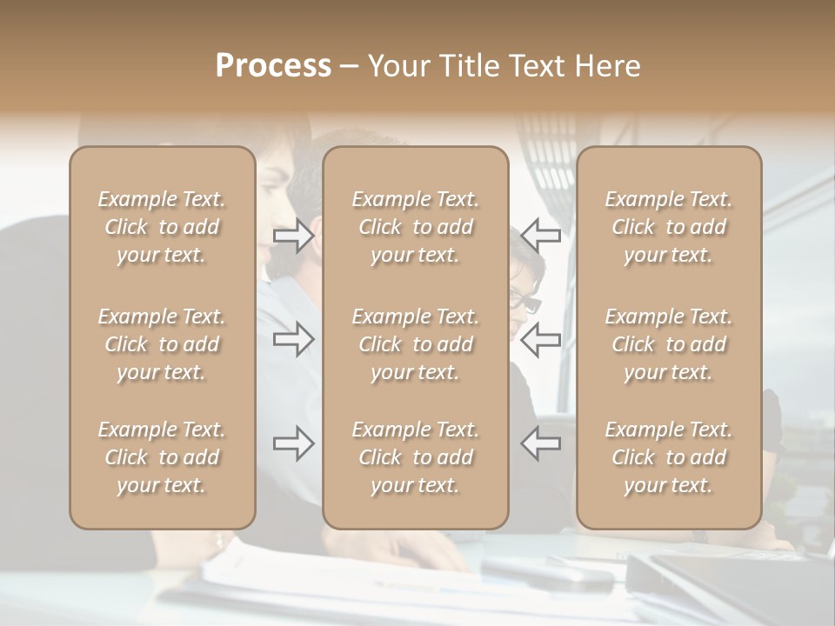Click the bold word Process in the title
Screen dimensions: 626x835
[x=273, y=66]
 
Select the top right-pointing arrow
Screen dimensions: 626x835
[x=294, y=236]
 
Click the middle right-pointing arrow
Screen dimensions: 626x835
[x=294, y=339]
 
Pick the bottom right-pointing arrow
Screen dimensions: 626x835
[x=294, y=443]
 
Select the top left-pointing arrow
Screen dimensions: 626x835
[x=540, y=236]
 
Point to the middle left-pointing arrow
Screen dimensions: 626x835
[x=540, y=339]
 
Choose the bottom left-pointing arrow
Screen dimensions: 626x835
[x=540, y=443]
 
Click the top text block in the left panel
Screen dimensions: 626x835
[x=162, y=227]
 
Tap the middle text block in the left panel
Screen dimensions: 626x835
[x=162, y=344]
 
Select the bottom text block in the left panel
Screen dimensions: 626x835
[x=162, y=457]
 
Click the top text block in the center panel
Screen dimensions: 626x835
[x=415, y=227]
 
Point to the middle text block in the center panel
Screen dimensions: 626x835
[x=415, y=344]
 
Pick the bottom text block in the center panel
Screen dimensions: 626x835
[x=415, y=457]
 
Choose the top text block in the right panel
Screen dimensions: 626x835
[x=668, y=227]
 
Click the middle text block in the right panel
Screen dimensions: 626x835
[x=668, y=344]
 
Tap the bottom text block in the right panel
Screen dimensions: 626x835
[x=668, y=457]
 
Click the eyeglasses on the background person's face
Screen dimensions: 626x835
[x=524, y=303]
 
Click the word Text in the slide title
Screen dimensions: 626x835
[x=535, y=66]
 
